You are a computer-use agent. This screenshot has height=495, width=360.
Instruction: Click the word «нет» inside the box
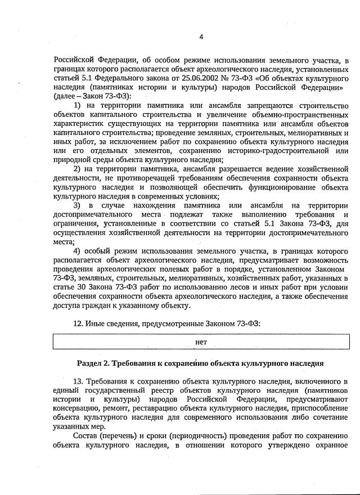201,341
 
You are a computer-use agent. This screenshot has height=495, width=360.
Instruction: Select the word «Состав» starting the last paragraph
87,436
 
